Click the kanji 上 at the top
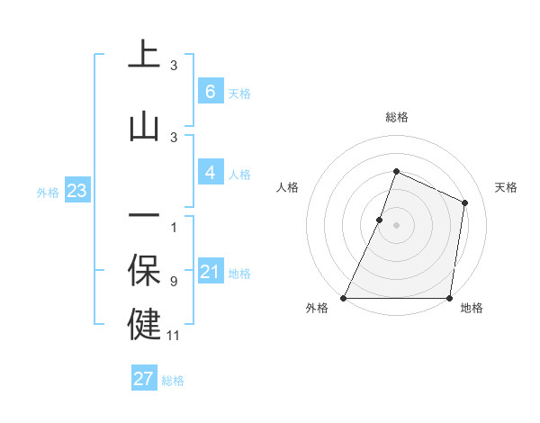[144, 55]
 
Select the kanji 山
[144, 126]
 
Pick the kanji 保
[144, 270]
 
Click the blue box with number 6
[210, 92]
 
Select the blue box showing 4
[210, 173]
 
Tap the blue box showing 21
[210, 272]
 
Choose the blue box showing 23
[76, 191]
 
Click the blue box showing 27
[144, 379]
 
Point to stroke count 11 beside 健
[174, 336]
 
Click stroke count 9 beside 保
[174, 282]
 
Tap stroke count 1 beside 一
[174, 228]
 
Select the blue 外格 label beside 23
[48, 192]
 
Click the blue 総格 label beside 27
[173, 381]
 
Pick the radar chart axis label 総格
[396, 117]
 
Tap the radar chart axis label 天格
[506, 187]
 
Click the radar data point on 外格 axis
[344, 298]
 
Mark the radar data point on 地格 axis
[449, 298]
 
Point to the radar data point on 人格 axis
[380, 220]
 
